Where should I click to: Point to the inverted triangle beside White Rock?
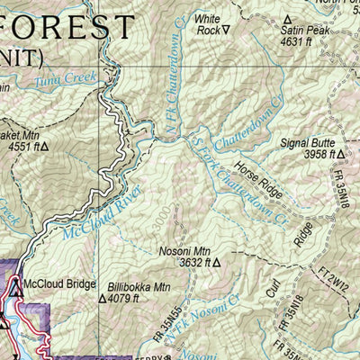pyautogui.click(x=226, y=30)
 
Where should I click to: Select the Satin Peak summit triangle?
pyautogui.click(x=288, y=19)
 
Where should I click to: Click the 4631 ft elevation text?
pyautogui.click(x=295, y=40)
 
